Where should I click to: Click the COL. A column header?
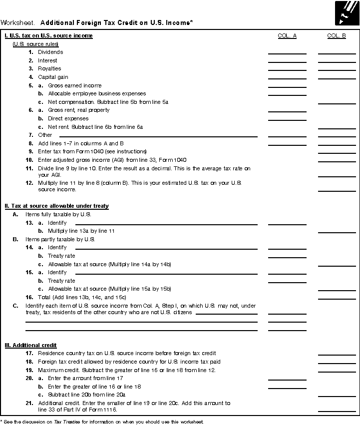[x=287, y=35]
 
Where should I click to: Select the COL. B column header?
[x=337, y=35]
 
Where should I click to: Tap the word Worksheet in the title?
[x=17, y=22]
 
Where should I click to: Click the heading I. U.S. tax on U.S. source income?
[x=48, y=35]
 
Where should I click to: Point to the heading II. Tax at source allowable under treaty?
[x=56, y=206]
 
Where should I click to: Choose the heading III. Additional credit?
[x=30, y=345]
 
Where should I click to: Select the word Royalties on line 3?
[x=49, y=68]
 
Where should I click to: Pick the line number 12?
[x=29, y=183]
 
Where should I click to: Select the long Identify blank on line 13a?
[x=166, y=224]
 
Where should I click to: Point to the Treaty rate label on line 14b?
[x=61, y=256]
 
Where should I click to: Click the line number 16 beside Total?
[x=29, y=297]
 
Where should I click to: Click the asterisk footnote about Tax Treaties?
[x=102, y=422]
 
